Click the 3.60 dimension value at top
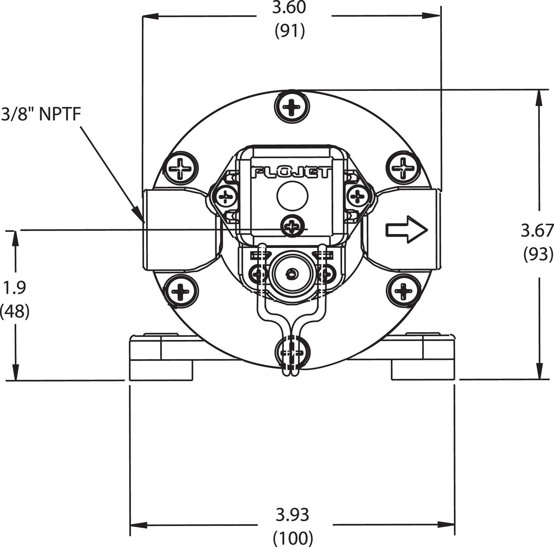tap(289, 8)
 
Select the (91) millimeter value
tap(290, 31)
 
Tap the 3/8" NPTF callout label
tap(41, 114)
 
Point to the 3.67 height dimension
tap(537, 231)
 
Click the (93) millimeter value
tap(538, 254)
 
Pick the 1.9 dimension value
tap(14, 288)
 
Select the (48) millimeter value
tap(15, 312)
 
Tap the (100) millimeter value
tap(293, 537)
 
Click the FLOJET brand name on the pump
tap(291, 173)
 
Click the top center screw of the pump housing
tap(291, 107)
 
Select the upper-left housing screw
tap(181, 169)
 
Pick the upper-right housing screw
tap(404, 168)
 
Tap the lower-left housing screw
tap(181, 292)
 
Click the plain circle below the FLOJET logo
tap(292, 196)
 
